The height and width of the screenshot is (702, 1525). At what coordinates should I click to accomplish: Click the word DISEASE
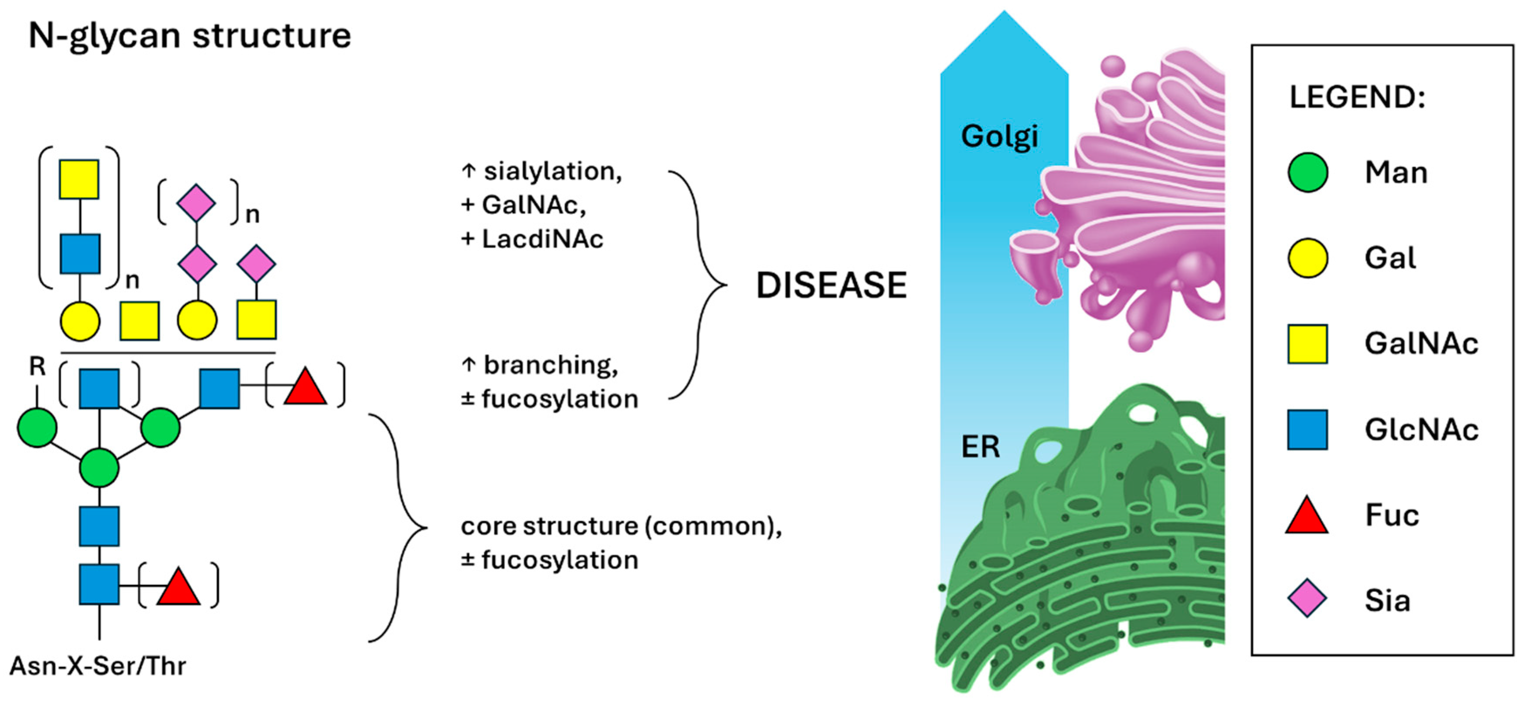(x=831, y=285)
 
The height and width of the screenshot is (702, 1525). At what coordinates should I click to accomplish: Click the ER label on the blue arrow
(x=980, y=447)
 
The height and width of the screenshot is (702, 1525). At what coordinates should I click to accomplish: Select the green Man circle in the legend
(x=1307, y=172)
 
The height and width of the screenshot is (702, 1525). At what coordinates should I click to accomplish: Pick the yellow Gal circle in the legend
(x=1307, y=258)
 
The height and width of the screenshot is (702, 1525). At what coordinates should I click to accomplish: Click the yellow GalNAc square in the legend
(x=1307, y=344)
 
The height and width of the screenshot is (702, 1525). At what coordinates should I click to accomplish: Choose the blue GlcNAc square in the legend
(x=1307, y=430)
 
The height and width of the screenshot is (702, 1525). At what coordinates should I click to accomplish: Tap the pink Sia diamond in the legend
(x=1307, y=600)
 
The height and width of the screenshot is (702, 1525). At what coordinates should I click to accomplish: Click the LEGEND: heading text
(x=1357, y=98)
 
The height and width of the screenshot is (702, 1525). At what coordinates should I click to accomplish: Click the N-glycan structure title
(x=190, y=36)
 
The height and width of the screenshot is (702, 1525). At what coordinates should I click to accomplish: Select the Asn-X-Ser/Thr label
(x=98, y=666)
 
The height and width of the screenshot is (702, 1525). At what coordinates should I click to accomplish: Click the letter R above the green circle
(x=37, y=367)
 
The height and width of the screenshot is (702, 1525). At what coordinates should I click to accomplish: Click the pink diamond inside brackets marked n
(x=197, y=203)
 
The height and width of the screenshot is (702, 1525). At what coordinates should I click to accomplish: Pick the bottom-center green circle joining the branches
(x=99, y=468)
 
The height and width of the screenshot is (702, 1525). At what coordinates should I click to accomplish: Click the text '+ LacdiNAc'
(x=532, y=239)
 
